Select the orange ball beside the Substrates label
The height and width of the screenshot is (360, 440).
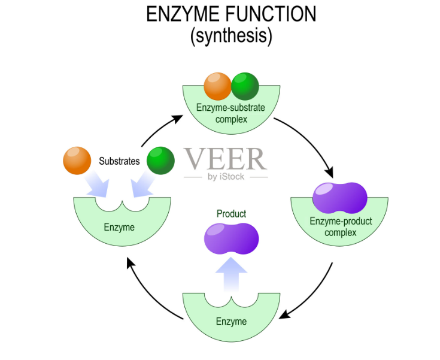[x=77, y=160]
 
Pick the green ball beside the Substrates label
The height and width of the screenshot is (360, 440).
[x=160, y=161]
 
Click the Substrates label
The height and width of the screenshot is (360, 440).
[x=119, y=161]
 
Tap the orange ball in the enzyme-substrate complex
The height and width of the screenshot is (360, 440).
[x=217, y=86]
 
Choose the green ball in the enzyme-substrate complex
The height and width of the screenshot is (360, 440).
[x=245, y=86]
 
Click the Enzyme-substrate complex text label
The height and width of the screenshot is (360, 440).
[x=230, y=113]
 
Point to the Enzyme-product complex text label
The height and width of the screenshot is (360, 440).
[x=341, y=227]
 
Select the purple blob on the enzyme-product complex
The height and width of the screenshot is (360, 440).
[x=340, y=196]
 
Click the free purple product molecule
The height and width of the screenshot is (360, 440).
[x=231, y=238]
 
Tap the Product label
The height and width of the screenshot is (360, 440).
[x=231, y=214]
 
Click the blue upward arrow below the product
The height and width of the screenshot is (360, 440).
[x=231, y=274]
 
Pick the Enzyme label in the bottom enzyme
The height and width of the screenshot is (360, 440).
[x=231, y=322]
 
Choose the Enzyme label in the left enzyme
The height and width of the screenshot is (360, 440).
[x=119, y=228]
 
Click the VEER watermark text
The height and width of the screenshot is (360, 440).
[x=224, y=159]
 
